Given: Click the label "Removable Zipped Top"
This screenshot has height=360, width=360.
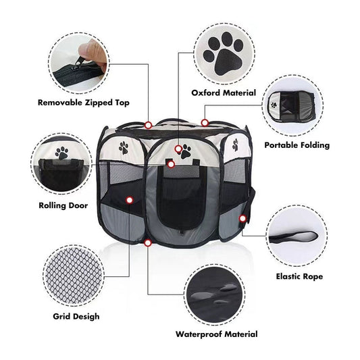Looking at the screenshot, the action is pos(84,103).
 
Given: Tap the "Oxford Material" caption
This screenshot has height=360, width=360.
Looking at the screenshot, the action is pos(224,93).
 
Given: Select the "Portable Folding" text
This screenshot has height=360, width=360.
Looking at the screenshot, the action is pos(297,145).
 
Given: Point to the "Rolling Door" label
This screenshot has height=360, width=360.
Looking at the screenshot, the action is pos(63,205).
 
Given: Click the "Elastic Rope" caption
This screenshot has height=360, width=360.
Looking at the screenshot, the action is pos(299,276).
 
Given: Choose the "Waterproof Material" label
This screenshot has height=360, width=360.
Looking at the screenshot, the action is pos(217,334).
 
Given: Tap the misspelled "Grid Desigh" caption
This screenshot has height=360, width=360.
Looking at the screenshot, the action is pos(76,316).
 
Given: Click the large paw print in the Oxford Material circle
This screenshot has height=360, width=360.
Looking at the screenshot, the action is pos(223,54).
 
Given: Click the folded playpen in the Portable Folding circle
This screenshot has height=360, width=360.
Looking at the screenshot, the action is pos(291,106).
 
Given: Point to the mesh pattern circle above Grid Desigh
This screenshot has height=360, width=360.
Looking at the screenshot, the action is pos(74,276).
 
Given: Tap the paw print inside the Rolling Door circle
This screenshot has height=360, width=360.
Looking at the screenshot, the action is pos(61,153).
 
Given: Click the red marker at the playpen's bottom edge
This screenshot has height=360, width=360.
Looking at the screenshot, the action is pos(148,243).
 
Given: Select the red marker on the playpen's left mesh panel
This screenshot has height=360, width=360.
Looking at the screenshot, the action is pos(130,200).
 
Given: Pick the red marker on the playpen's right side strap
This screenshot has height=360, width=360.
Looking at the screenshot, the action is pos(242,219).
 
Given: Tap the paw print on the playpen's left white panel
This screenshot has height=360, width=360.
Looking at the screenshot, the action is pos(124,148).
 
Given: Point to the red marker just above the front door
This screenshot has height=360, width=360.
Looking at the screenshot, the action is pos(171,164).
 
